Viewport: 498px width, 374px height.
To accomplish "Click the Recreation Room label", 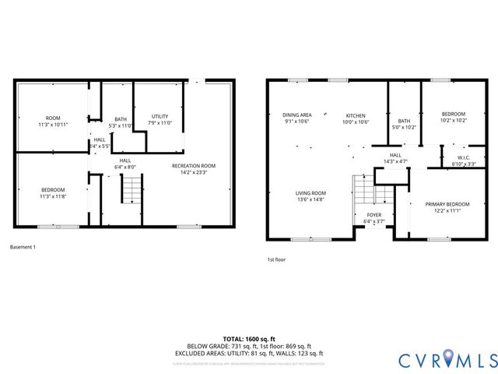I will [x=193, y=166].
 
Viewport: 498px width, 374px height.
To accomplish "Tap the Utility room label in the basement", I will [x=160, y=116].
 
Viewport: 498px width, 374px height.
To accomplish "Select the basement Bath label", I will [x=121, y=119].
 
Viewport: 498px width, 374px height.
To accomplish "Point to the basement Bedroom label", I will [x=53, y=189].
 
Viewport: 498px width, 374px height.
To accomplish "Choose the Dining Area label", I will [x=296, y=115].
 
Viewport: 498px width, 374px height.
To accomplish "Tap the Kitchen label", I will [x=356, y=115].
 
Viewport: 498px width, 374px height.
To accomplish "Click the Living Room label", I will [x=310, y=193].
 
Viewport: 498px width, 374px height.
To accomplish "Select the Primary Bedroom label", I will [x=443, y=205].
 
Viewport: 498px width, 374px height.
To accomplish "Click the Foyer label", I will [x=374, y=214].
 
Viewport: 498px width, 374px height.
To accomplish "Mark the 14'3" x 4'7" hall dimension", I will [x=395, y=161].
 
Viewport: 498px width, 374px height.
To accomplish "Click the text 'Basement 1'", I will [x=23, y=247].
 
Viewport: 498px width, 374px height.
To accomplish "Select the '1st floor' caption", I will [x=277, y=259].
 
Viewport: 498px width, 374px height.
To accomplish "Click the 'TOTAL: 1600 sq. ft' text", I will [x=249, y=339].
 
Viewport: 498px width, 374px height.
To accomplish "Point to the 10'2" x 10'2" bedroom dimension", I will [x=453, y=121].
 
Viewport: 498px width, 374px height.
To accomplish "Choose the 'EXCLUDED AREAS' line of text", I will [x=249, y=353].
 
